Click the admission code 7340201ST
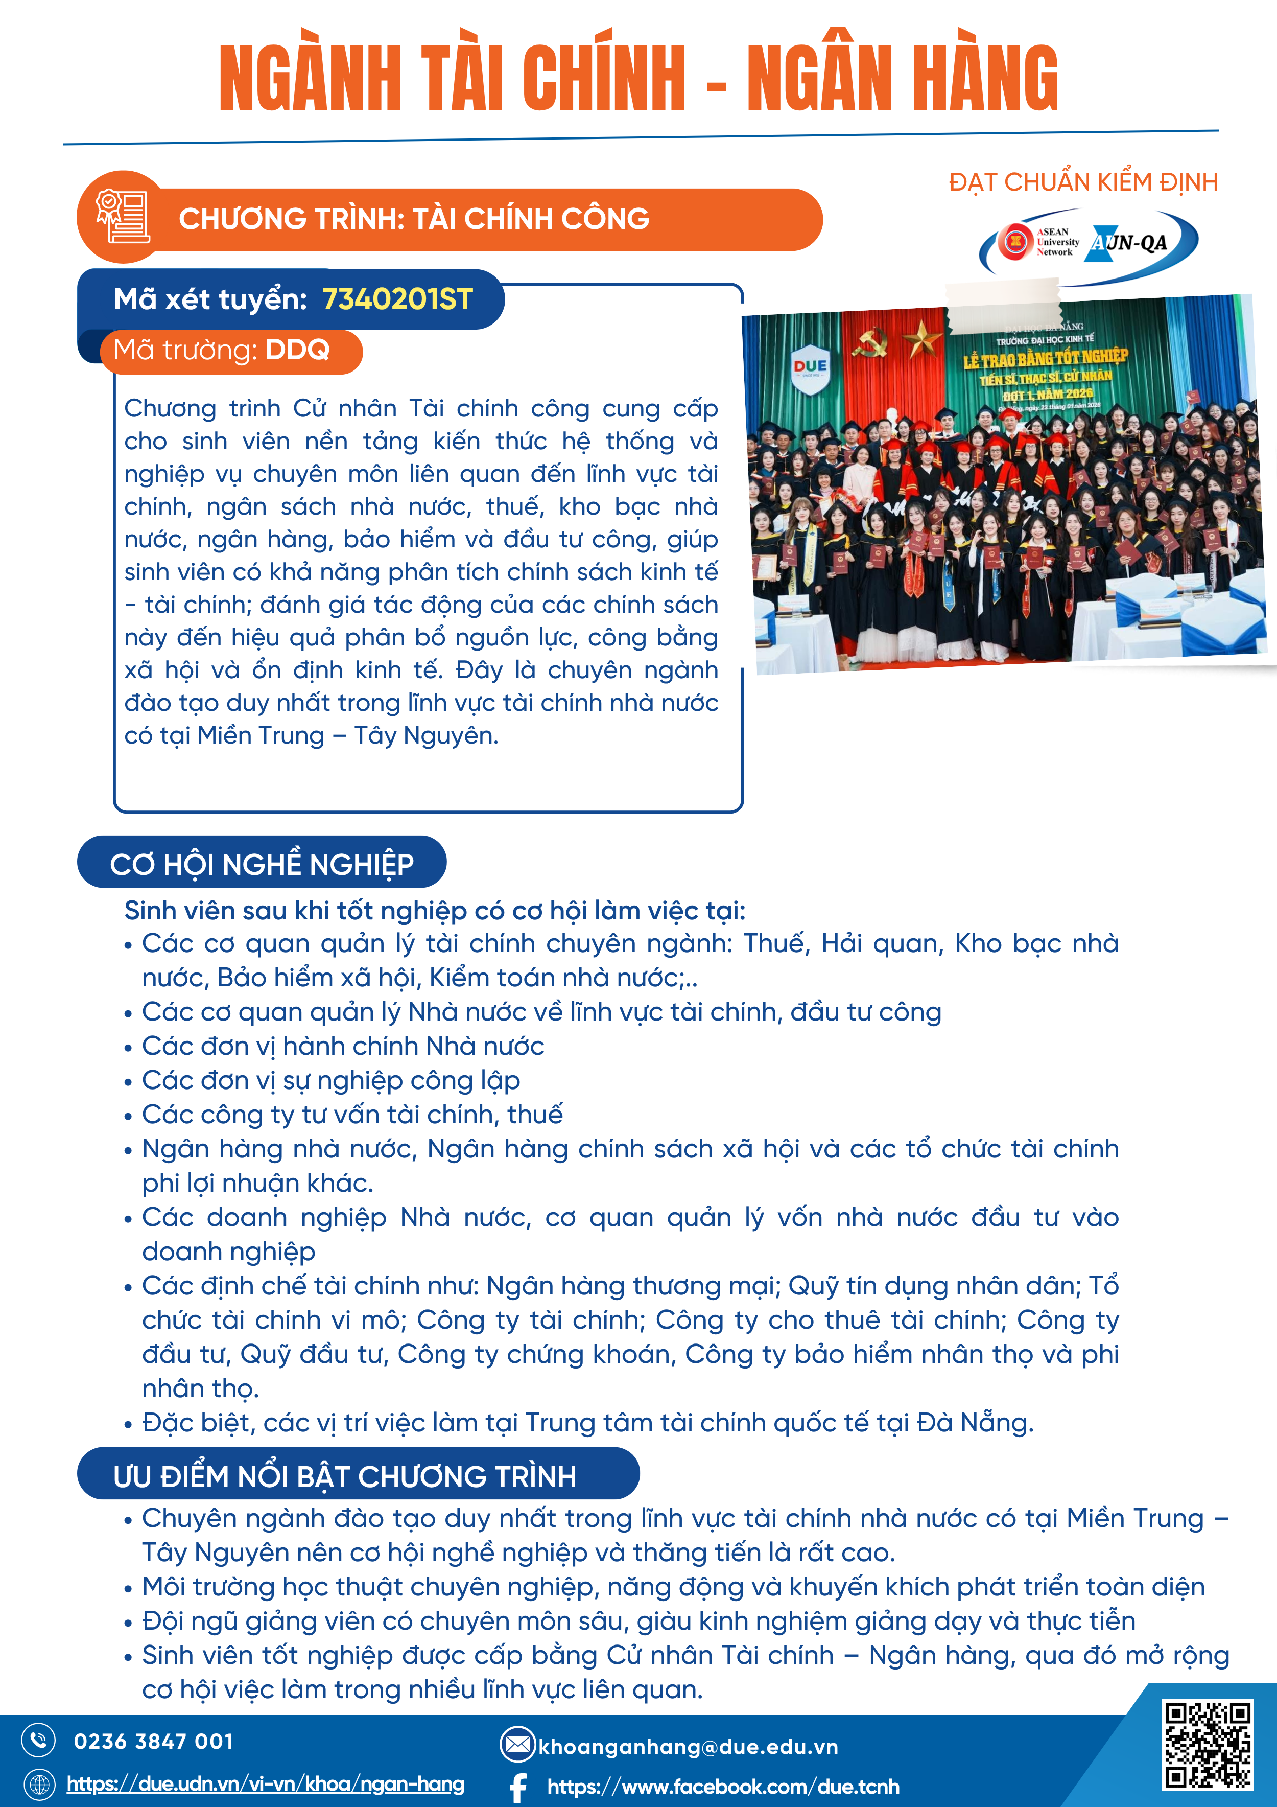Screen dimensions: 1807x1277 point(397,299)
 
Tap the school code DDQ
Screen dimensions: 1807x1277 point(297,350)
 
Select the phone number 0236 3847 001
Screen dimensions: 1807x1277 point(153,1742)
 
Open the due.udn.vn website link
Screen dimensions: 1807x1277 point(265,1783)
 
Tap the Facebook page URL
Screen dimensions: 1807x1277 point(723,1787)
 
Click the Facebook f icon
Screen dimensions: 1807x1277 point(518,1787)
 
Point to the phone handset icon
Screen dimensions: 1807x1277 point(38,1740)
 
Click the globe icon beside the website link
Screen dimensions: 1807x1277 point(38,1783)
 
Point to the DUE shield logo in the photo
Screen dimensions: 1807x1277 point(810,367)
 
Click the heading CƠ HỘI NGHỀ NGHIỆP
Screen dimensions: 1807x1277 point(261,864)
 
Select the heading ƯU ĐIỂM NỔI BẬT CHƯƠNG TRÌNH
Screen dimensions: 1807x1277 point(345,1476)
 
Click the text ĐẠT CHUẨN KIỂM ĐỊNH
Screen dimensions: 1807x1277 point(1083,182)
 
